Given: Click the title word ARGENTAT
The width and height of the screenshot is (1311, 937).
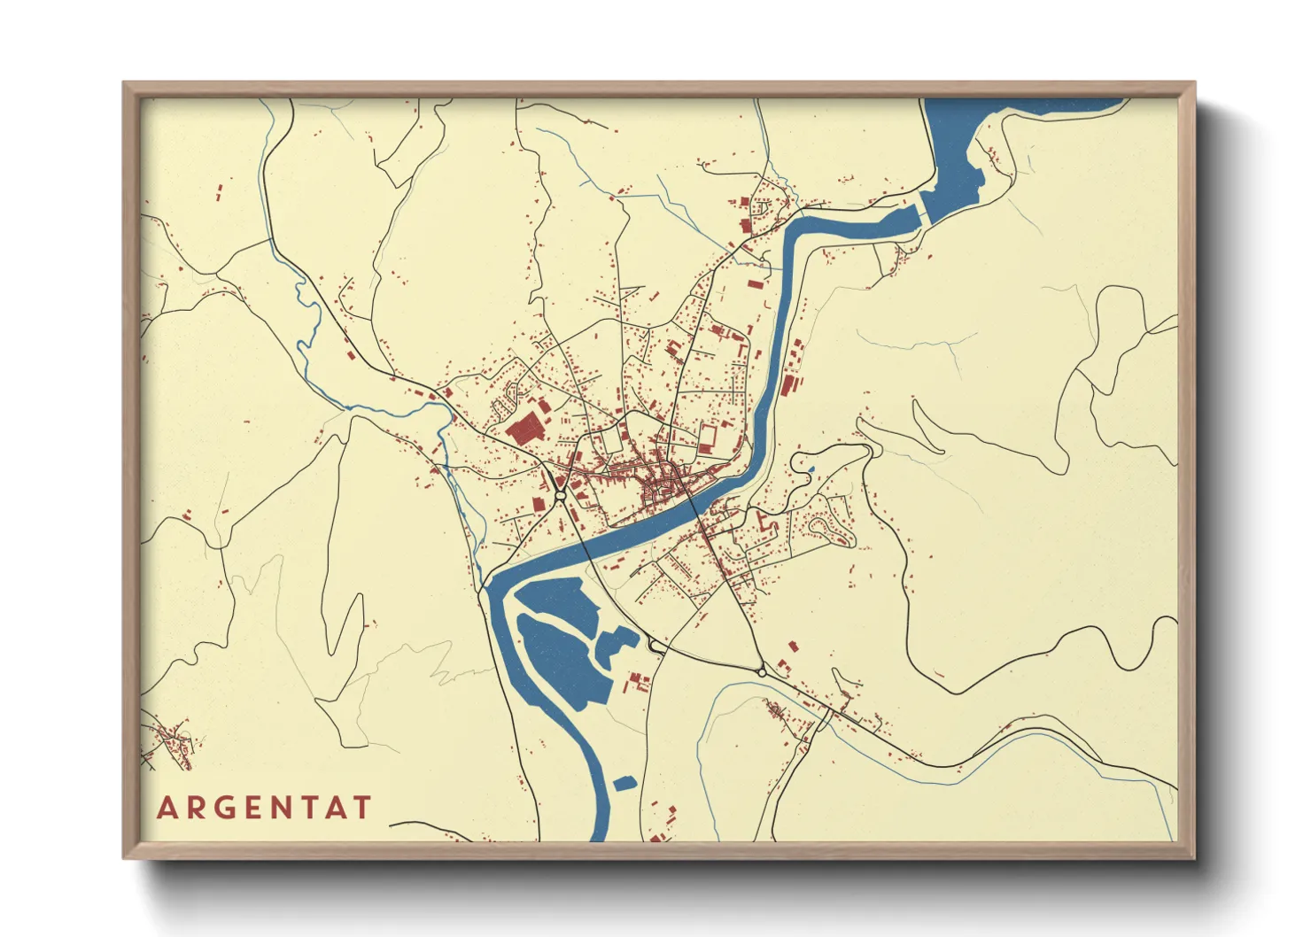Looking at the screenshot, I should click(x=264, y=808).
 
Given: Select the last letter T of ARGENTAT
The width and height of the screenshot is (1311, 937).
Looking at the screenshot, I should click(x=362, y=808).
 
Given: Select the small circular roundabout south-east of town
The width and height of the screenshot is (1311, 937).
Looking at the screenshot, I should click(x=762, y=673).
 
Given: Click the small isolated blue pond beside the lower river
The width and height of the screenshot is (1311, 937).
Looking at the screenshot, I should click(x=624, y=783).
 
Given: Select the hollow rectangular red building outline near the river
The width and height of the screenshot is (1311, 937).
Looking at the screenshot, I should click(x=708, y=438).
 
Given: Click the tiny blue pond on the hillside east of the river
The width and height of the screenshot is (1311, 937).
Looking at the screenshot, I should click(x=811, y=468).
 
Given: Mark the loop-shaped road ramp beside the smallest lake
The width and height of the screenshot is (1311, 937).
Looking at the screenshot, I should click(x=656, y=647).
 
